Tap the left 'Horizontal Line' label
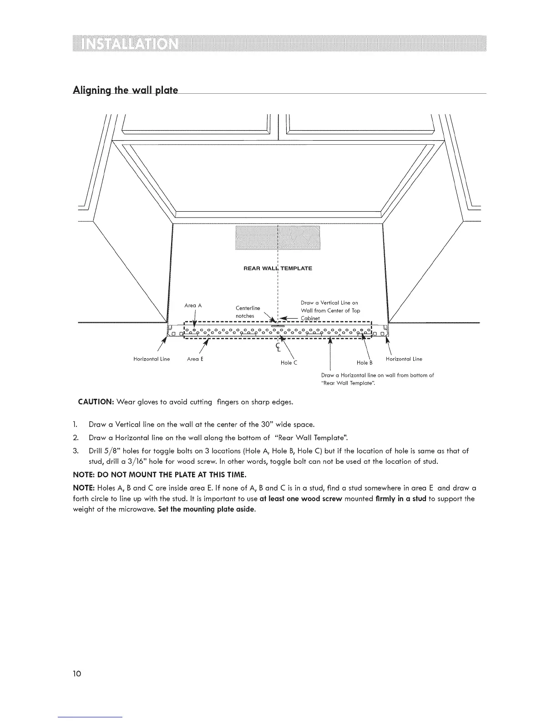pos(151,359)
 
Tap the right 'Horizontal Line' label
pos(404,359)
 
